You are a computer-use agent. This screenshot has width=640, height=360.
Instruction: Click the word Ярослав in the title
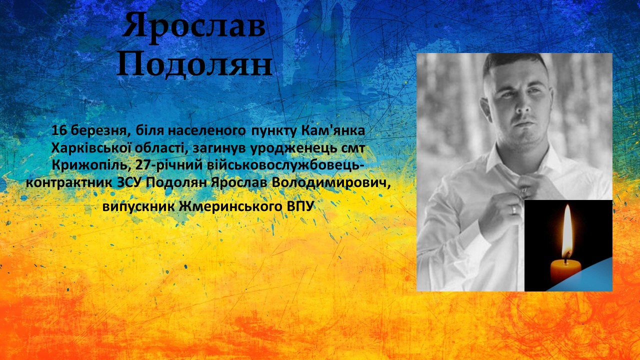[x=194, y=26]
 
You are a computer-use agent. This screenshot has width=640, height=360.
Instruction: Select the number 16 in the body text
[x=59, y=130]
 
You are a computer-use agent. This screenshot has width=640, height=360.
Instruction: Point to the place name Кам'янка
[x=333, y=130]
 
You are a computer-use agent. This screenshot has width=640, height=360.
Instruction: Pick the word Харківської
[x=91, y=148]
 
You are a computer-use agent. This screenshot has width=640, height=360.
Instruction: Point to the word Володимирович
[x=331, y=183]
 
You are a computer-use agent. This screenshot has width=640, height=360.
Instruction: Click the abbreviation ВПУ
[x=300, y=206]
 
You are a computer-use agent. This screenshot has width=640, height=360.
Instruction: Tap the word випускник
[x=138, y=207]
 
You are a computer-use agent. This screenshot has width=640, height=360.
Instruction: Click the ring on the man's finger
[x=514, y=209]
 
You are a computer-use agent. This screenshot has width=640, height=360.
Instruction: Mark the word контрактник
[x=69, y=183]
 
